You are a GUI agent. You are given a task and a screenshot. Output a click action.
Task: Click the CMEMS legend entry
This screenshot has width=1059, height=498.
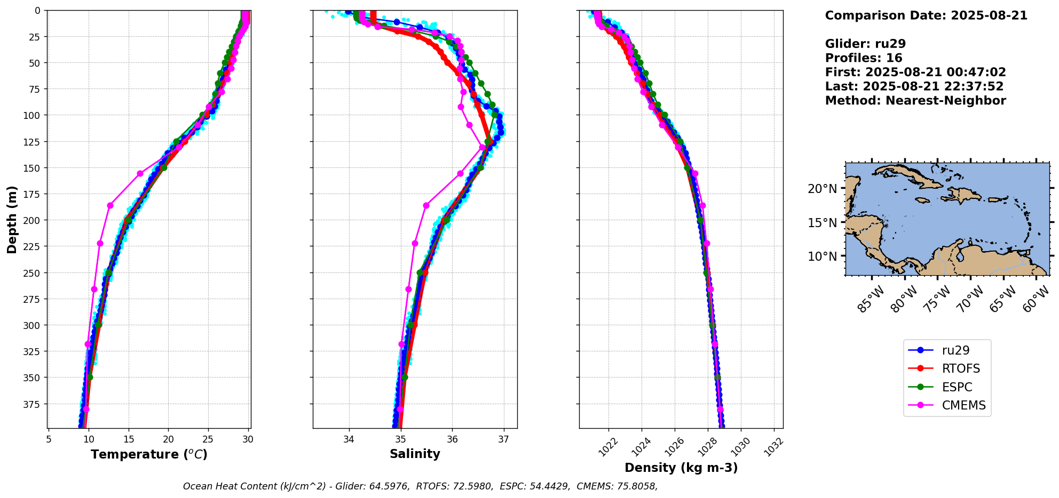click(x=963, y=405)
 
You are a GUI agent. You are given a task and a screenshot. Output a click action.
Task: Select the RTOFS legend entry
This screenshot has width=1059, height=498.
click(x=961, y=368)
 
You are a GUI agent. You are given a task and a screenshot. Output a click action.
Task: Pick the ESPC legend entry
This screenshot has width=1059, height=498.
click(x=957, y=387)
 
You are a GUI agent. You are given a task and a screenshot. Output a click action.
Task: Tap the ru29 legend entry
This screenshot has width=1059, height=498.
click(x=955, y=350)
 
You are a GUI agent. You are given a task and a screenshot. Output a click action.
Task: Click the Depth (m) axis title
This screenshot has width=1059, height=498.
click(x=12, y=219)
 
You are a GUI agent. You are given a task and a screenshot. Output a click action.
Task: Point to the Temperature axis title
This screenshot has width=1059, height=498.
click(x=149, y=454)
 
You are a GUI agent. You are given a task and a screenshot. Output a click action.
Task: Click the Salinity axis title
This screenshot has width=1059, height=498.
click(x=415, y=454)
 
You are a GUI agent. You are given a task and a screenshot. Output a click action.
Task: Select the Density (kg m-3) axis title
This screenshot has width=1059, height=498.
click(x=681, y=468)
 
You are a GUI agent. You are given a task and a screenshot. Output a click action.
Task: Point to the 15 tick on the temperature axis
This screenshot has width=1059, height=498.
click(x=128, y=439)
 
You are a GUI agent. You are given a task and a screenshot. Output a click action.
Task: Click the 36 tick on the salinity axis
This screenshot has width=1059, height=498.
click(x=452, y=439)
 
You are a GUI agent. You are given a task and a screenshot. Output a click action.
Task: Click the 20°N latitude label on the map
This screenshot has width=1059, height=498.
click(x=822, y=188)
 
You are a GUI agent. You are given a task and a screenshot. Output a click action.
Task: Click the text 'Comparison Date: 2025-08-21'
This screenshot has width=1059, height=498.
click(x=926, y=15)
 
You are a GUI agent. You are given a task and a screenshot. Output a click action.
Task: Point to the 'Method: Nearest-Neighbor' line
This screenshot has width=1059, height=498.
click(x=915, y=100)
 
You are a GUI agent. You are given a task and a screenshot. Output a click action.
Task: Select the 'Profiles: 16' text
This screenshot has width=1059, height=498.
click(x=864, y=58)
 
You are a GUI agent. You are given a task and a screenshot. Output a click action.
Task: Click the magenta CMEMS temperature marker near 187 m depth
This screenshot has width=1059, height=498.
click(x=110, y=205)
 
